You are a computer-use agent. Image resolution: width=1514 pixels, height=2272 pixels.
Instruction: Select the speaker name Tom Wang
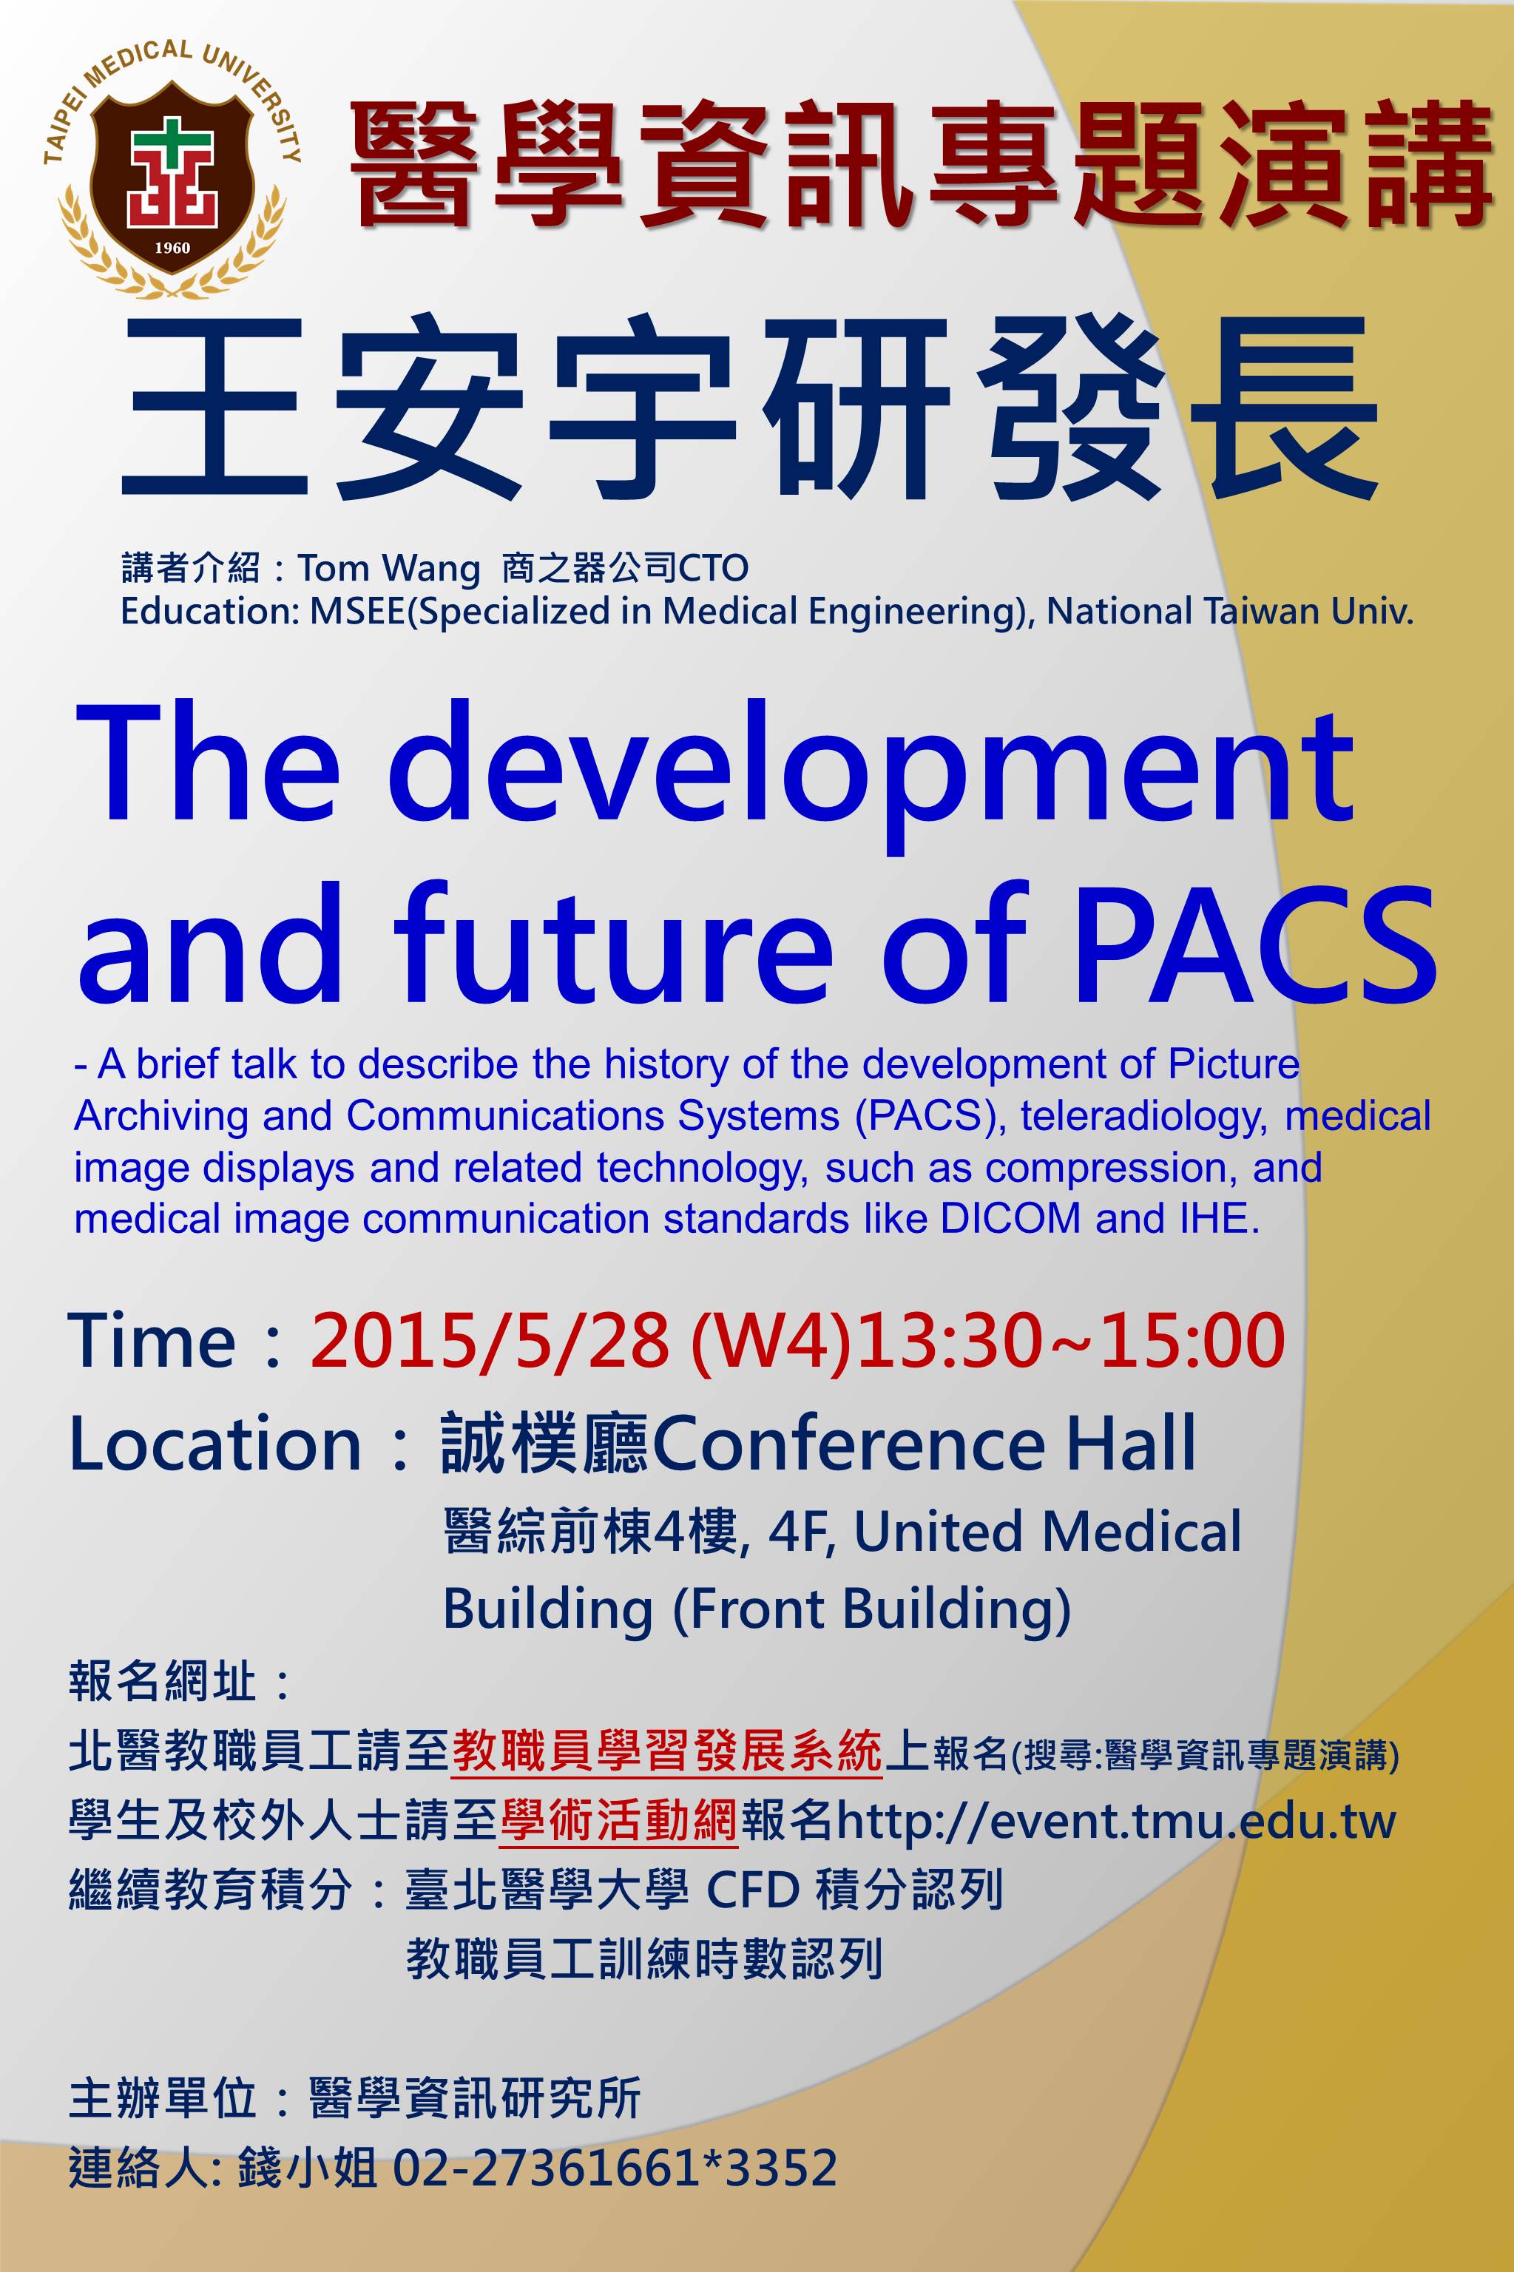coord(388,569)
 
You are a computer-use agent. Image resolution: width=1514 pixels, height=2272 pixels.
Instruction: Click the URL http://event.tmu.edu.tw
coord(1116,1821)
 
